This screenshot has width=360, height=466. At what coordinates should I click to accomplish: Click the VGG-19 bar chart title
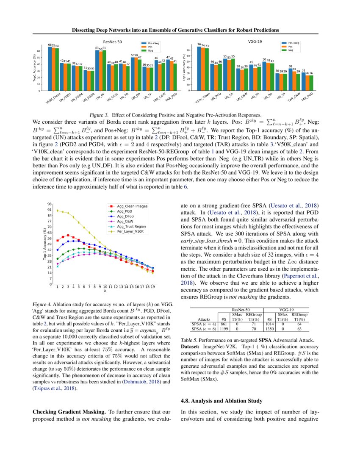click(x=255, y=42)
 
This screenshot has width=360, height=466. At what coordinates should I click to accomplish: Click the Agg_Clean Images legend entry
click(x=129, y=206)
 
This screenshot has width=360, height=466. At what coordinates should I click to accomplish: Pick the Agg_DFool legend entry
click(x=126, y=216)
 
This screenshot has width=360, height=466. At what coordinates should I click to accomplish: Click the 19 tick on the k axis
click(x=152, y=287)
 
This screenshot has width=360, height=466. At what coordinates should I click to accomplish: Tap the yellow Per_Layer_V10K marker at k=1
click(x=58, y=210)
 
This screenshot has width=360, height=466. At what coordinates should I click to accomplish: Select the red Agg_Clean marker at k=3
click(x=68, y=235)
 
